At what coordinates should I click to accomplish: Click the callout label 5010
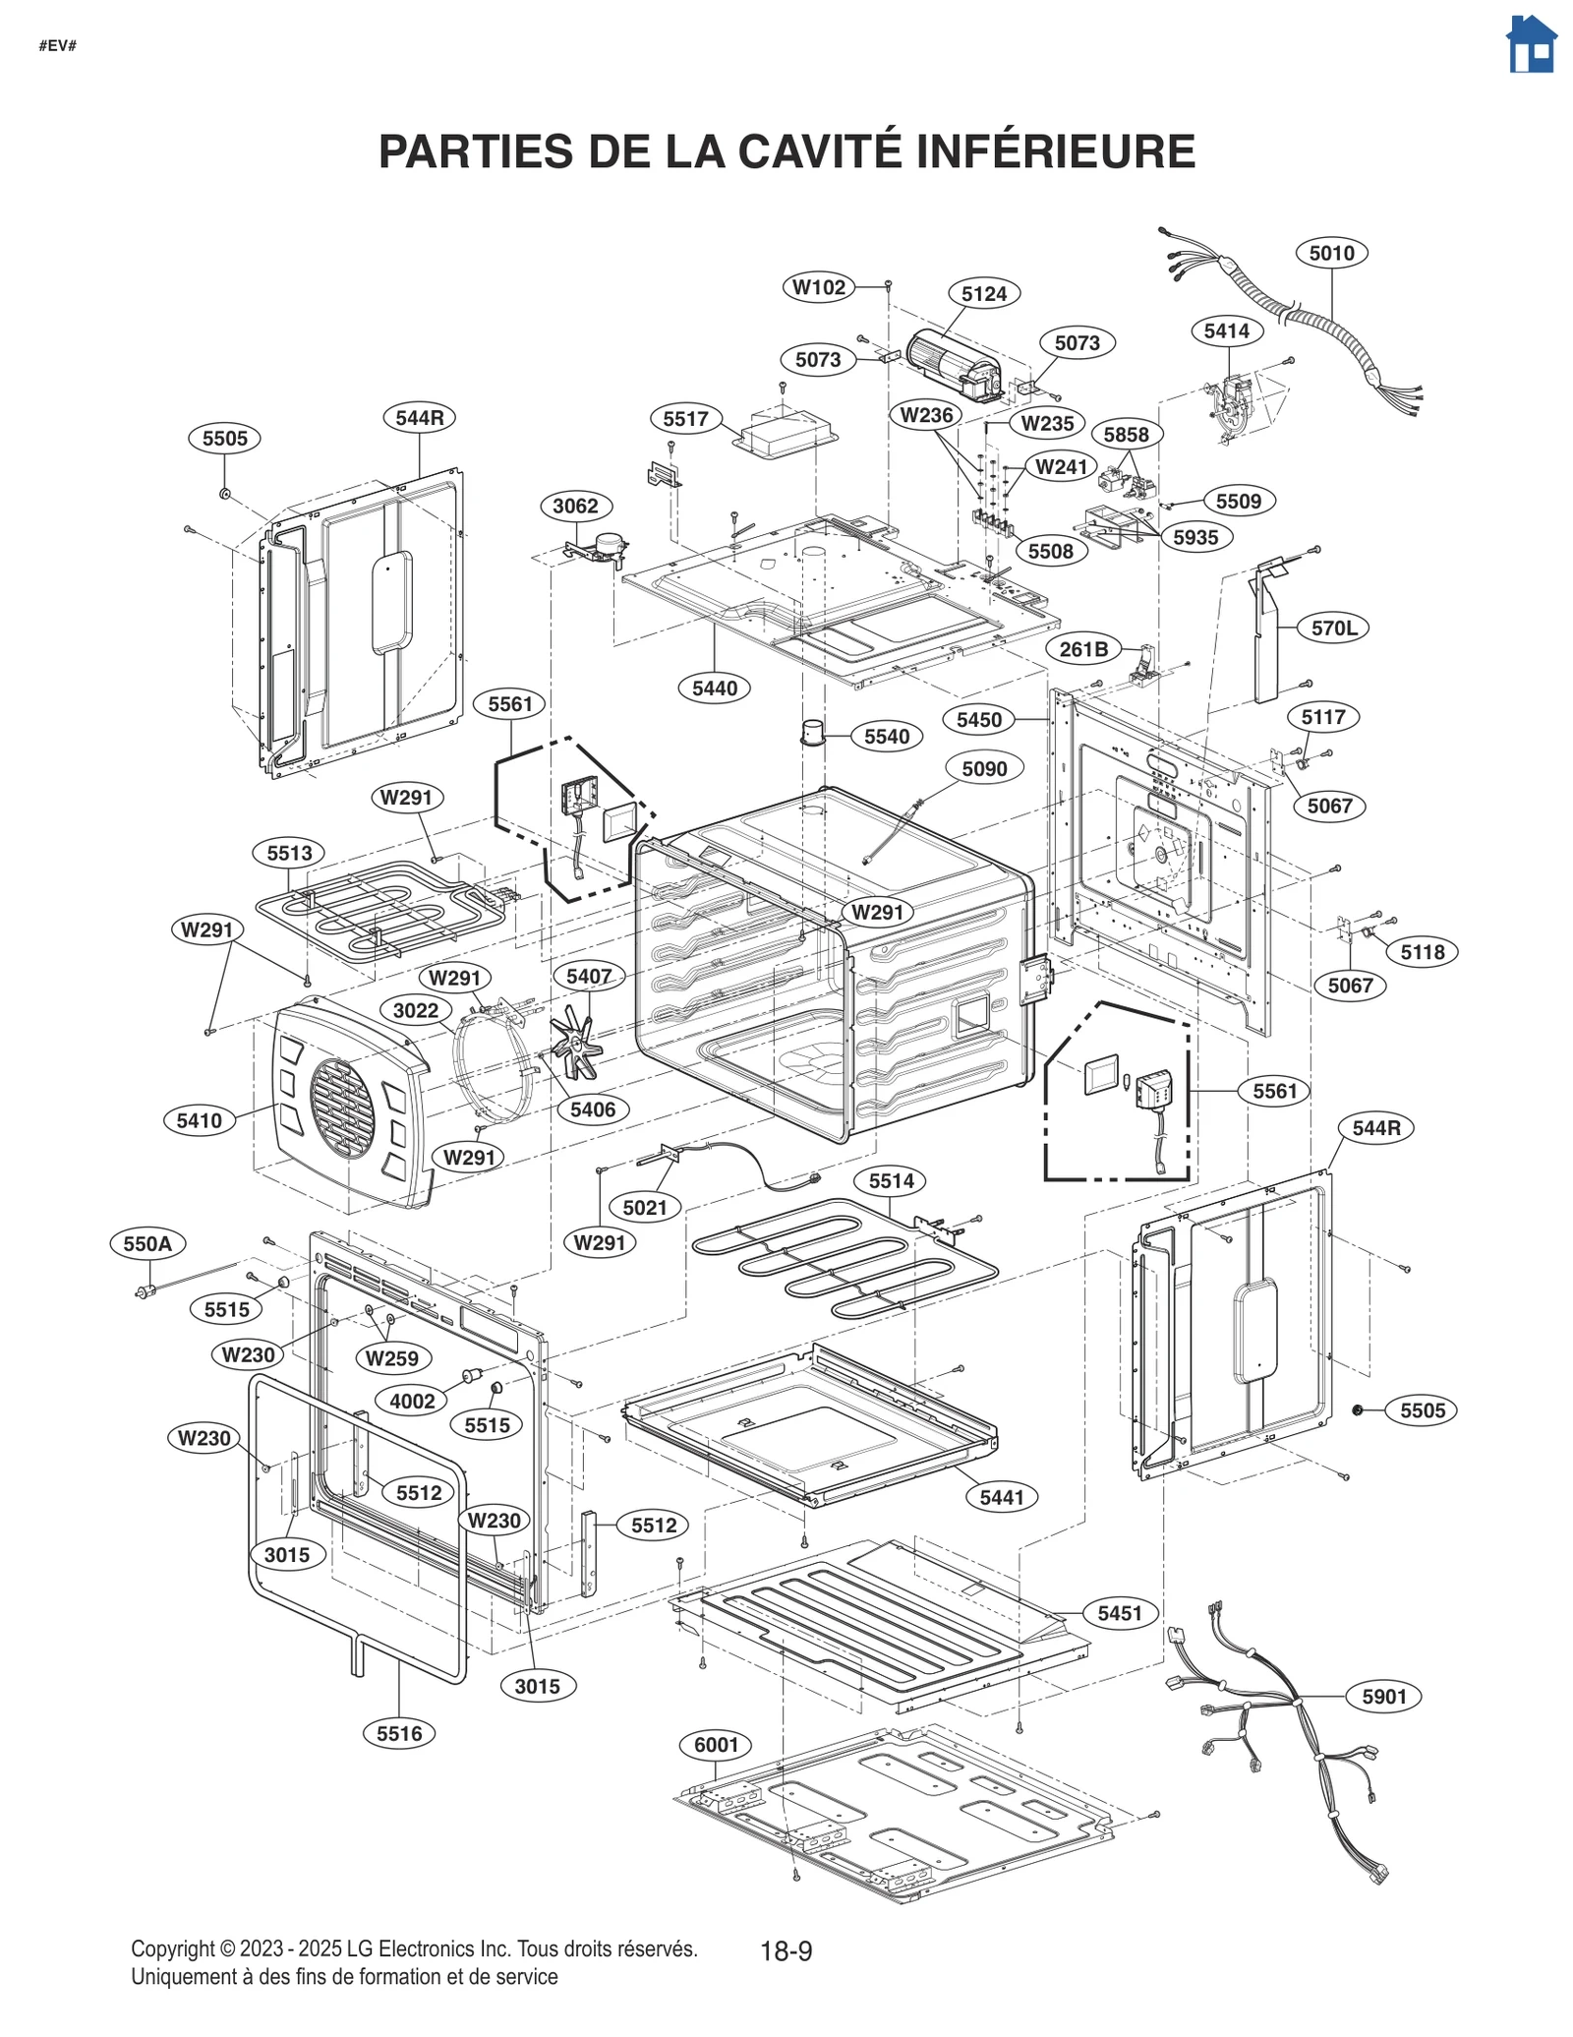point(1331,253)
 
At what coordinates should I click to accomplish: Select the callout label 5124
point(983,293)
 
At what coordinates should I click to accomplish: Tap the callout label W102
point(818,287)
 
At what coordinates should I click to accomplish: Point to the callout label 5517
point(685,419)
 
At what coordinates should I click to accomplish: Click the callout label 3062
point(575,506)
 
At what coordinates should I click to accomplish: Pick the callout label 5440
point(714,689)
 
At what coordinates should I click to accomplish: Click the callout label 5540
point(886,737)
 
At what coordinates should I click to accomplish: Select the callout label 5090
point(984,768)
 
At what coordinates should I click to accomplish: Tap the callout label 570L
point(1333,628)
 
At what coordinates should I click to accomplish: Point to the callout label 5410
point(199,1120)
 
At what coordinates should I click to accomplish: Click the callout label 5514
point(891,1181)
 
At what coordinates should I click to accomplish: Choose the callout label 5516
point(399,1733)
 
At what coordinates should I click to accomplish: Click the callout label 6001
point(716,1745)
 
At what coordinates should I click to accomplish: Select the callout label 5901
point(1383,1696)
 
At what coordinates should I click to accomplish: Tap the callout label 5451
point(1119,1613)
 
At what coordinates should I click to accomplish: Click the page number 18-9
point(786,1950)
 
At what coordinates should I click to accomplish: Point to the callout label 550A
point(147,1243)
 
